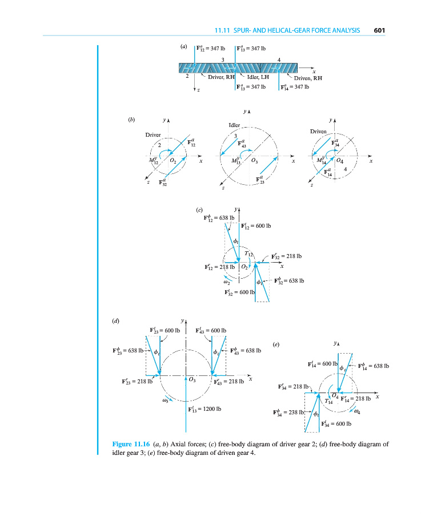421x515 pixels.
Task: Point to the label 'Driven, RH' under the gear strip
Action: pos(308,78)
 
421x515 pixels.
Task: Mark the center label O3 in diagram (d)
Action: pos(193,380)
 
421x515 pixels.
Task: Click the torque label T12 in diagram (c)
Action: pos(248,253)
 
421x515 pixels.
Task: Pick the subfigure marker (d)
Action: pos(116,321)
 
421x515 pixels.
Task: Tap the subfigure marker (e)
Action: pos(275,344)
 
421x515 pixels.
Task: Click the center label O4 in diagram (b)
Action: pos(340,161)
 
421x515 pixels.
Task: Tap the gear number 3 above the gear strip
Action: pos(223,60)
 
